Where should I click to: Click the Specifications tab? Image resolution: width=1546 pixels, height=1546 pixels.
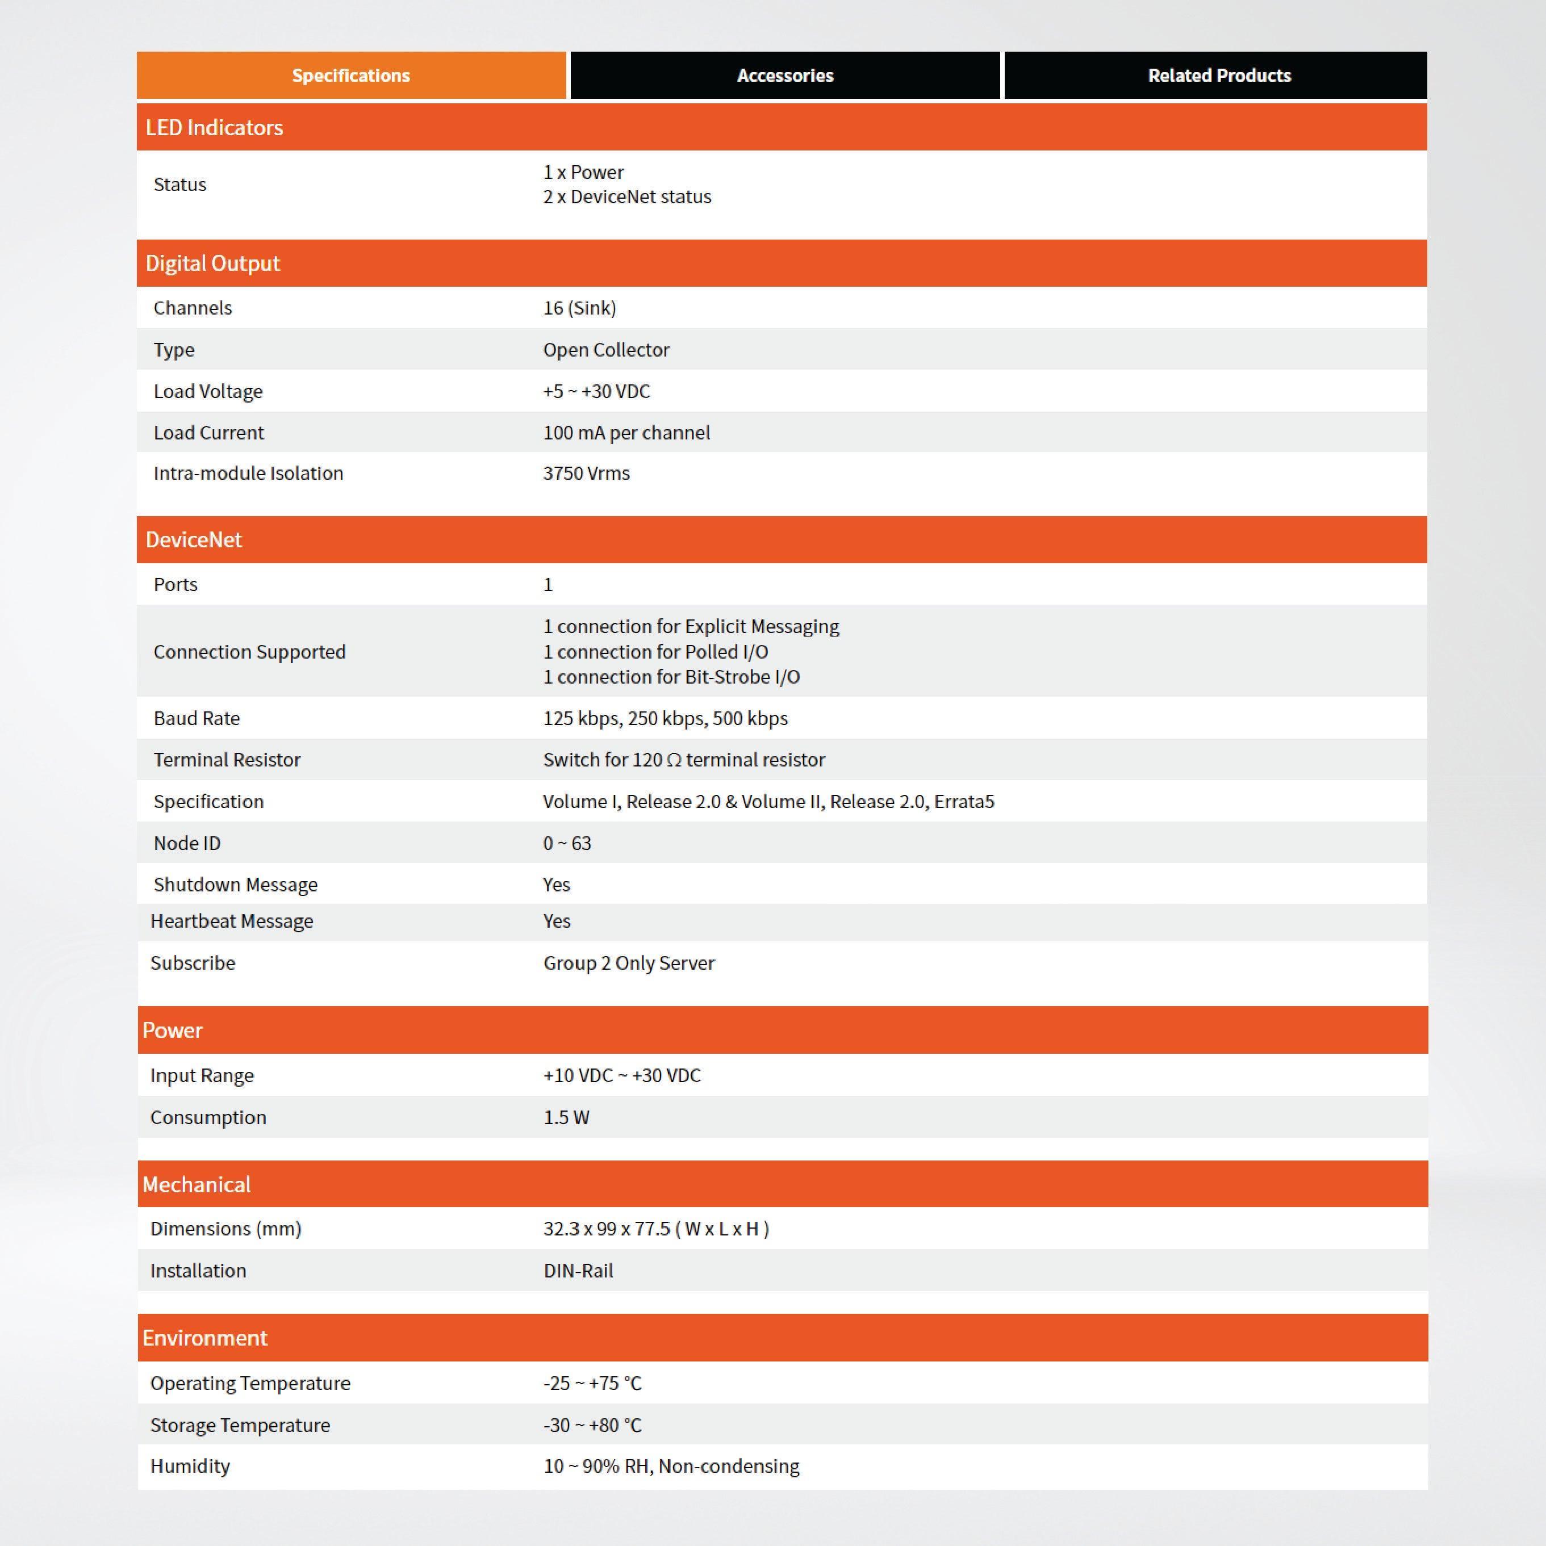click(x=350, y=75)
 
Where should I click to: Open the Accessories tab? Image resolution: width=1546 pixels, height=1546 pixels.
click(x=784, y=75)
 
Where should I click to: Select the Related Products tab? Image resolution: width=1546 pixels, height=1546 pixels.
click(x=1218, y=75)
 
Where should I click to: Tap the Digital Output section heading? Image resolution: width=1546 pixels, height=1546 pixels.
click(x=212, y=263)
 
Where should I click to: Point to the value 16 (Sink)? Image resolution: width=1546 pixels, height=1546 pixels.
click(x=579, y=308)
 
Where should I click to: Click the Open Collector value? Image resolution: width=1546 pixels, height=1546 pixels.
click(x=605, y=350)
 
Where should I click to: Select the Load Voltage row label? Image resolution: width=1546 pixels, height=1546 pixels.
click(x=208, y=391)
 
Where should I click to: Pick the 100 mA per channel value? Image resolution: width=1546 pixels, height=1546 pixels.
click(x=626, y=433)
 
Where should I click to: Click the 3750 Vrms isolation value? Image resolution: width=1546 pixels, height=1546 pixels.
click(x=586, y=473)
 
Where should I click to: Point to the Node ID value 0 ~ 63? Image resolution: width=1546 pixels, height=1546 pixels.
click(x=567, y=844)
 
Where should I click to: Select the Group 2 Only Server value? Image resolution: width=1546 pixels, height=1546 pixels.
click(x=629, y=963)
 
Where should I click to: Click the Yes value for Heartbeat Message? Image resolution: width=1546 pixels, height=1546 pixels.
click(x=557, y=921)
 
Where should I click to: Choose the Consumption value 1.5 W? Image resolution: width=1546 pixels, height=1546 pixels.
click(x=566, y=1117)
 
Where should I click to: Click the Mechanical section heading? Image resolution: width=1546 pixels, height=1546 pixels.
click(x=196, y=1184)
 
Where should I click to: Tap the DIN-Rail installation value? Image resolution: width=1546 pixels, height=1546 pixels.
click(x=578, y=1271)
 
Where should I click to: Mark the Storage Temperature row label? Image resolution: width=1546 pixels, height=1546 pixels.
click(x=239, y=1425)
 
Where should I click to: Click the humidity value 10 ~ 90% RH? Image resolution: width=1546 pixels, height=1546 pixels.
click(x=671, y=1466)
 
